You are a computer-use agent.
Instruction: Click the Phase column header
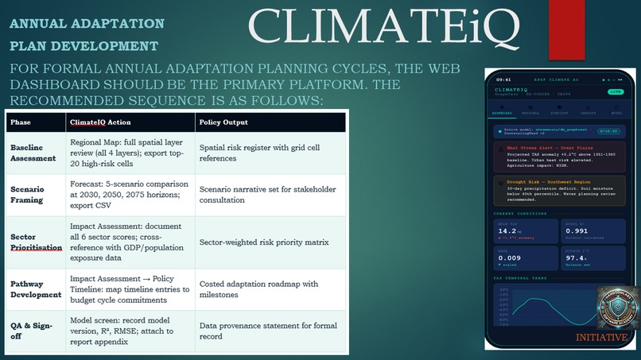(21, 122)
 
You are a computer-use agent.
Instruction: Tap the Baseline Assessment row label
(33, 153)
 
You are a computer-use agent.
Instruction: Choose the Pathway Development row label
(35, 288)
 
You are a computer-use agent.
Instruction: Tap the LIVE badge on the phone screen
(616, 91)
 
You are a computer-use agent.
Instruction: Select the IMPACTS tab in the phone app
(590, 112)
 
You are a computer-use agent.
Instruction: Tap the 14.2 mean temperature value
(510, 231)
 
